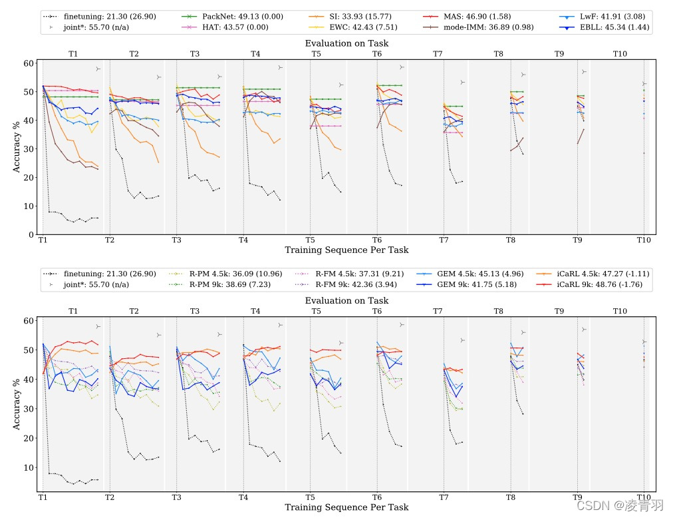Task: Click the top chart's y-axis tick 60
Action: (29, 63)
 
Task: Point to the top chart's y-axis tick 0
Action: (31, 234)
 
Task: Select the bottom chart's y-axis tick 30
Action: (29, 409)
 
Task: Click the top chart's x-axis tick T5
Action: (310, 240)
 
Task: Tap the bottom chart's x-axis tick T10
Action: (644, 497)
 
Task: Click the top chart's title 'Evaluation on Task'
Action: (346, 43)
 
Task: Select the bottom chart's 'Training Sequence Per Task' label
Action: (346, 507)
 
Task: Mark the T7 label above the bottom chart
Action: (438, 311)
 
